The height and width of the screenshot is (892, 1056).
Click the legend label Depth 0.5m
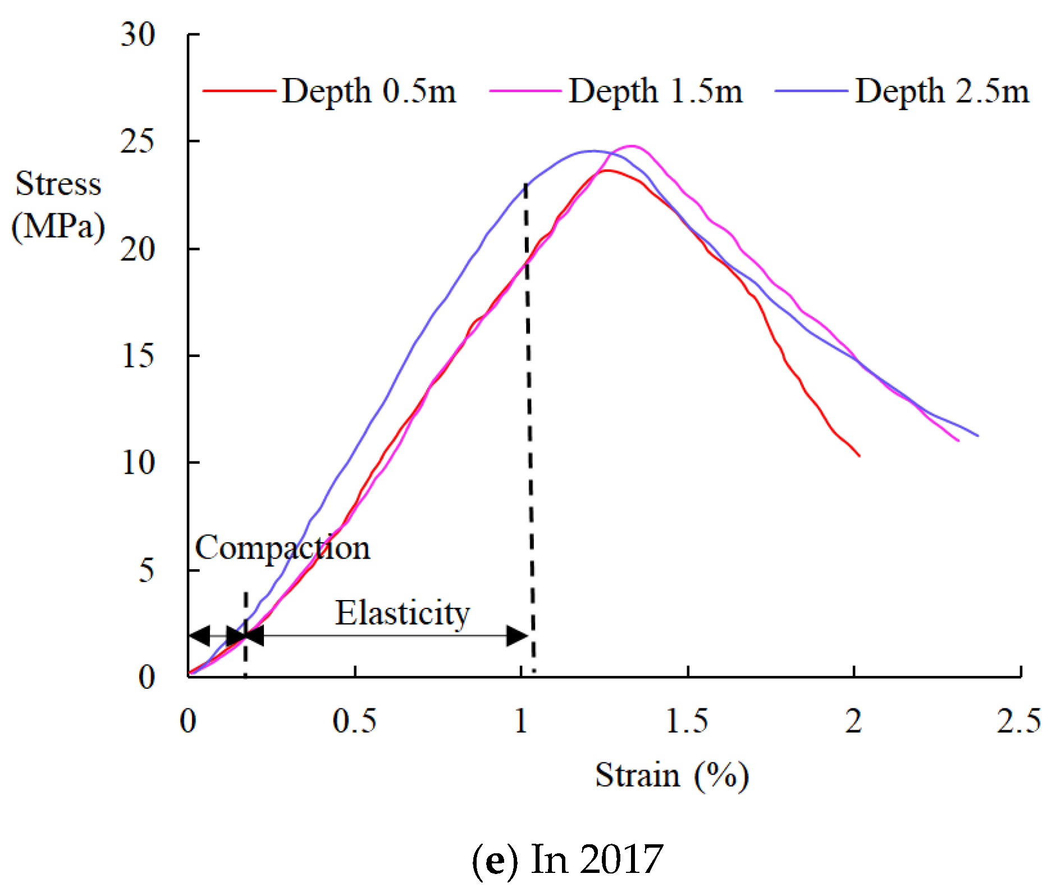click(x=368, y=91)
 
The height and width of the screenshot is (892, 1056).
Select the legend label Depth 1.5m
click(x=655, y=91)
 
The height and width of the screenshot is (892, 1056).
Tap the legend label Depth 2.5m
click(x=942, y=91)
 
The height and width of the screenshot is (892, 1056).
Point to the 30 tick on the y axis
click(x=138, y=35)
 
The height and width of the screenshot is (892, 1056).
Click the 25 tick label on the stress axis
click(x=138, y=141)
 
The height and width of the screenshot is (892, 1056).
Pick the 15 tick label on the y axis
click(x=138, y=356)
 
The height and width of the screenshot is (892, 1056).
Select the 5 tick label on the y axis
click(x=146, y=570)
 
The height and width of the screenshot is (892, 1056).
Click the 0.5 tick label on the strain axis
click(x=354, y=721)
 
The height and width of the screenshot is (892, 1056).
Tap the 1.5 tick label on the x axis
click(x=687, y=721)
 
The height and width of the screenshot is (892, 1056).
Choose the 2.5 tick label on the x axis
click(x=1018, y=721)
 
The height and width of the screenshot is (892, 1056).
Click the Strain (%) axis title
click(x=671, y=776)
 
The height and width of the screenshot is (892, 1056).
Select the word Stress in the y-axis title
click(x=58, y=184)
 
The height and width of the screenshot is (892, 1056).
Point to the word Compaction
click(x=282, y=548)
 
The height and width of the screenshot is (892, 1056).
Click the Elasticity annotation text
click(x=402, y=613)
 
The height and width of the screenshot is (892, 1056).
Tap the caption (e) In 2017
click(x=567, y=859)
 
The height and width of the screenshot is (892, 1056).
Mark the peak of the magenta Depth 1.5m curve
click(x=632, y=146)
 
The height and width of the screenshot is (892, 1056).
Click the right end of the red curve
click(x=859, y=455)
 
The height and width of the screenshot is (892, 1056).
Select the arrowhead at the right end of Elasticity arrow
click(x=517, y=636)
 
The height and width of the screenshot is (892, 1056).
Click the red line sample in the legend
click(x=239, y=90)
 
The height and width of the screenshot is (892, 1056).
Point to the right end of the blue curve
click(x=977, y=436)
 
